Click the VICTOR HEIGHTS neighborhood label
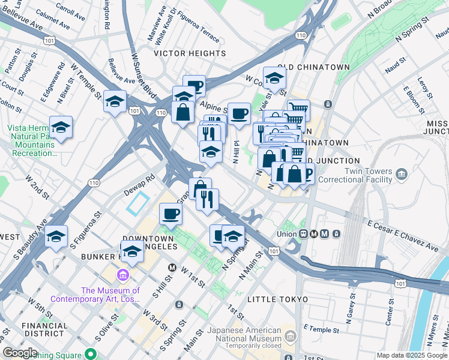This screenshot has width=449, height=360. click(189, 53)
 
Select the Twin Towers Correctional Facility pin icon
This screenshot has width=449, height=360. click(402, 175)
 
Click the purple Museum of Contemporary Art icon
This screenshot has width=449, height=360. click(123, 275)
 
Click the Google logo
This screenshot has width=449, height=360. click(20, 353)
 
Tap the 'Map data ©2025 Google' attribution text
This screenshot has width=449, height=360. click(412, 355)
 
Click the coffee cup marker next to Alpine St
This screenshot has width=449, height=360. click(239, 113)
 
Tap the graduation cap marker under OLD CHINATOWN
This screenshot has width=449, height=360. click(274, 78)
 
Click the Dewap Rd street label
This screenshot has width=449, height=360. click(140, 178)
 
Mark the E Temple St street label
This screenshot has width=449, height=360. click(322, 329)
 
